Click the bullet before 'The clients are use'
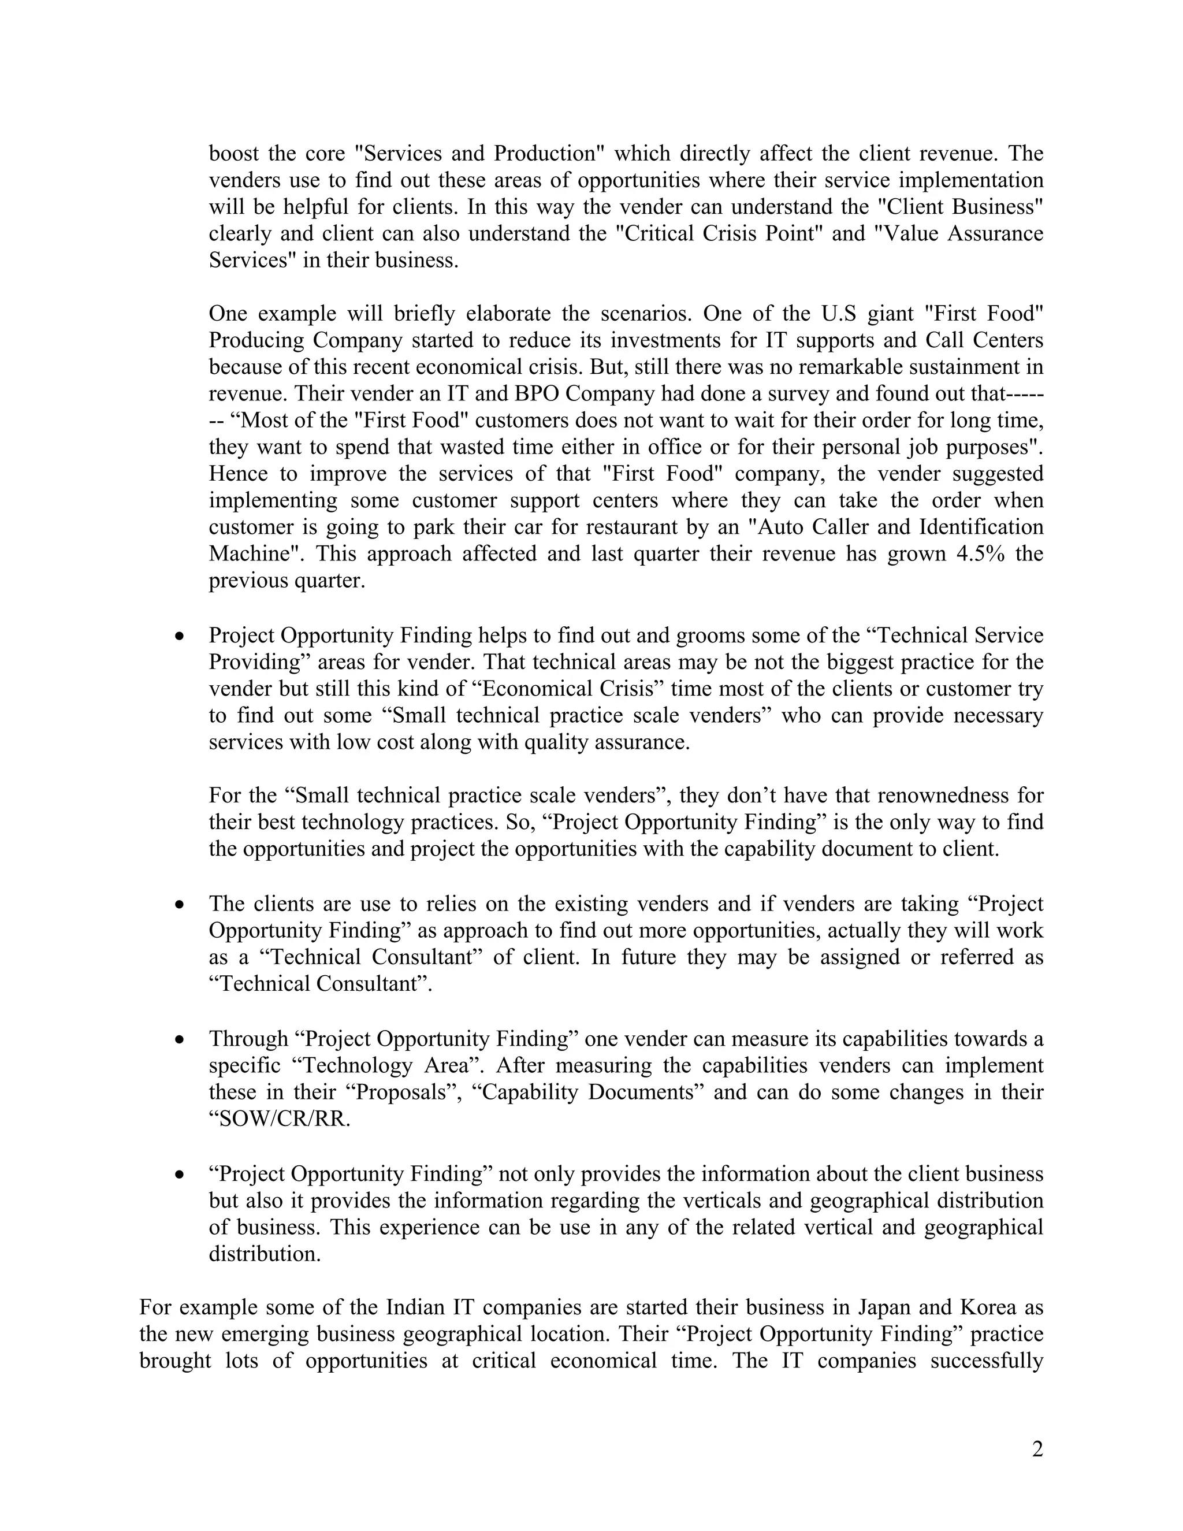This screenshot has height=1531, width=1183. coord(180,904)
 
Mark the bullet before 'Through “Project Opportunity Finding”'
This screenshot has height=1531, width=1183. coord(180,1039)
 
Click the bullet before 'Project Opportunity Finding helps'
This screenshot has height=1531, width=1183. coord(180,636)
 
